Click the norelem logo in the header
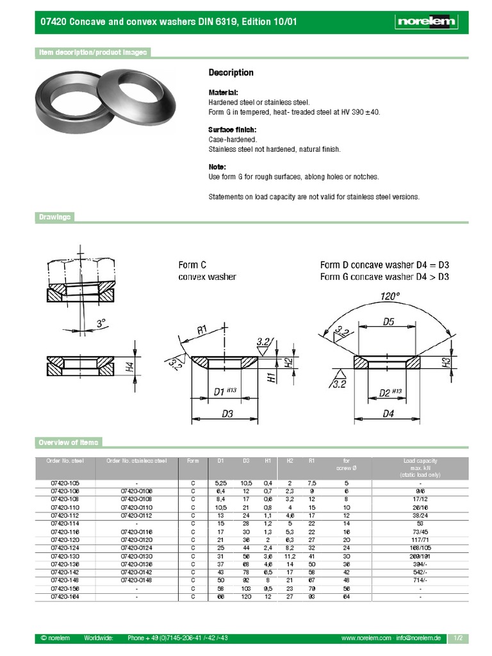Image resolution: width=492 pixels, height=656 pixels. [x=427, y=22]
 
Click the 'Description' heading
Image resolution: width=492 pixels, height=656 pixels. [x=231, y=72]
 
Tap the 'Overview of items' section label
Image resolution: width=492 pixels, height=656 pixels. [x=68, y=443]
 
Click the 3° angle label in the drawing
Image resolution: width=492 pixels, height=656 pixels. [x=100, y=324]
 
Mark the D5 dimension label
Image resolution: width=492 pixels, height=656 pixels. [x=388, y=322]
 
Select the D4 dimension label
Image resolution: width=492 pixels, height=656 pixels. [x=388, y=414]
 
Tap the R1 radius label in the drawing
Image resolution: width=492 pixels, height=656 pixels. [x=202, y=330]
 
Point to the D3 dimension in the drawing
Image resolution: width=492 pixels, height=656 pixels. [x=227, y=414]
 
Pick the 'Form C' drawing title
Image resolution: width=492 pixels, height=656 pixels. [x=192, y=264]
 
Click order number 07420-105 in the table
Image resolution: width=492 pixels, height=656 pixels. [x=64, y=482]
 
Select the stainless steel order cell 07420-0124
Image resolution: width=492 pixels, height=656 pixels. [x=137, y=548]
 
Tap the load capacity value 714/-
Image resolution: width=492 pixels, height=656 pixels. [x=420, y=580]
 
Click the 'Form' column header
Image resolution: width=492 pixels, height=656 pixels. [x=193, y=461]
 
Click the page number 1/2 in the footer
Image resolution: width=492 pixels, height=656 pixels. [x=457, y=638]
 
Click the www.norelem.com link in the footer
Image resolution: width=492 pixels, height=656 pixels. [x=366, y=638]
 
